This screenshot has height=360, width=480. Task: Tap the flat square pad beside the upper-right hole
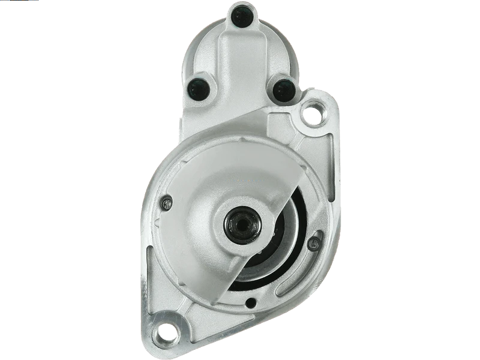pos(282,123)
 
